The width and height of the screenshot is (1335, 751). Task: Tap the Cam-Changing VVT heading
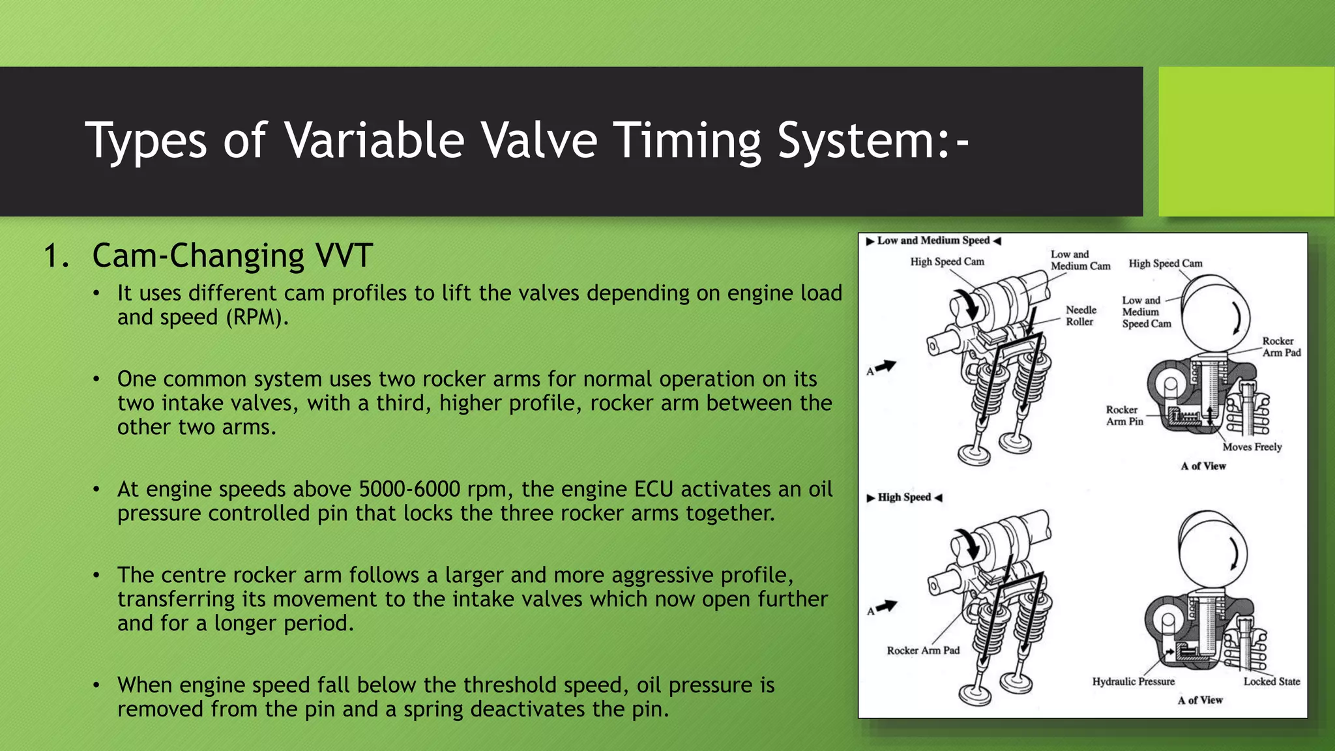click(232, 256)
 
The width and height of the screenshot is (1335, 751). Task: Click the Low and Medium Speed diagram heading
click(933, 241)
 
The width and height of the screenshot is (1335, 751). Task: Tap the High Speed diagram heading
click(904, 497)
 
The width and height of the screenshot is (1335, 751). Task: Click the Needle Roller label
click(1081, 316)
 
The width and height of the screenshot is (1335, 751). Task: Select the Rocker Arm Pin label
click(1124, 415)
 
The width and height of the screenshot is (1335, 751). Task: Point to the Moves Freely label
click(1252, 447)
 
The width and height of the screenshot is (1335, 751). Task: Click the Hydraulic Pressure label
click(1133, 681)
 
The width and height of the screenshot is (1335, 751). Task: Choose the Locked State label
click(1271, 681)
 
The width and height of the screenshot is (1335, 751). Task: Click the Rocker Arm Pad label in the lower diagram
click(923, 651)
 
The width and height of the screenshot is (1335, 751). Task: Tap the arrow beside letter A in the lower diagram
click(886, 607)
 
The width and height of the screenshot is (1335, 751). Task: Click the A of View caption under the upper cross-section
click(1203, 466)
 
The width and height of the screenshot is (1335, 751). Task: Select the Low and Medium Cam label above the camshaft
click(1080, 260)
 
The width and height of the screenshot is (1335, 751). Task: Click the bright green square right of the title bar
click(1246, 141)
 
